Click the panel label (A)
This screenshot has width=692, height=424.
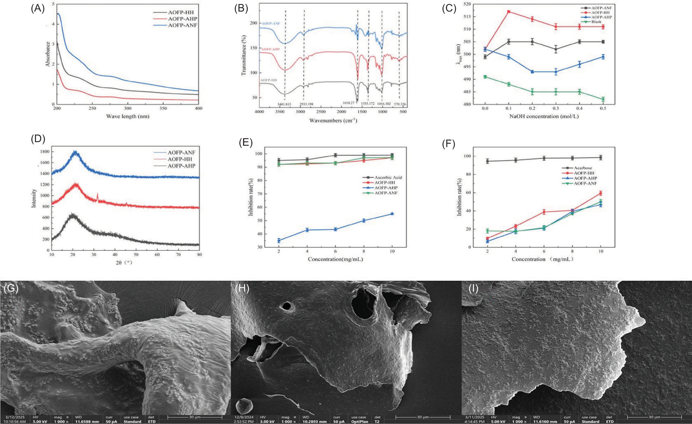coord(37,9)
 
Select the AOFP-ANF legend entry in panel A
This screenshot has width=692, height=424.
coord(182,25)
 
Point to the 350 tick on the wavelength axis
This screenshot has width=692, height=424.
coord(163,108)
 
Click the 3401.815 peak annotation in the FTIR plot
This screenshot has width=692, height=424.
coord(285,104)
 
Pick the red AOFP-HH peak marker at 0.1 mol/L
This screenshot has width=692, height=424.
coord(509,12)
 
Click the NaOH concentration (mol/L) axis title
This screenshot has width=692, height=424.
coord(544,116)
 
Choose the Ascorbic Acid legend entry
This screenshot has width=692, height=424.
coord(388,178)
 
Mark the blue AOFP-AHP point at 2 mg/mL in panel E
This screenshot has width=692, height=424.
coord(279,240)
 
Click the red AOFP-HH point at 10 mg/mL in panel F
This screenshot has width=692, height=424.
coord(600,193)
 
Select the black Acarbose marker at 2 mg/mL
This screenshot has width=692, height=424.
coord(487,161)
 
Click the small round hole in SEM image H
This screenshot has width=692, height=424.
coord(287,306)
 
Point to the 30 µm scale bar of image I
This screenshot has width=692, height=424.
coord(654,418)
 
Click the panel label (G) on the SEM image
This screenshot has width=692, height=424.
coord(11,288)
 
